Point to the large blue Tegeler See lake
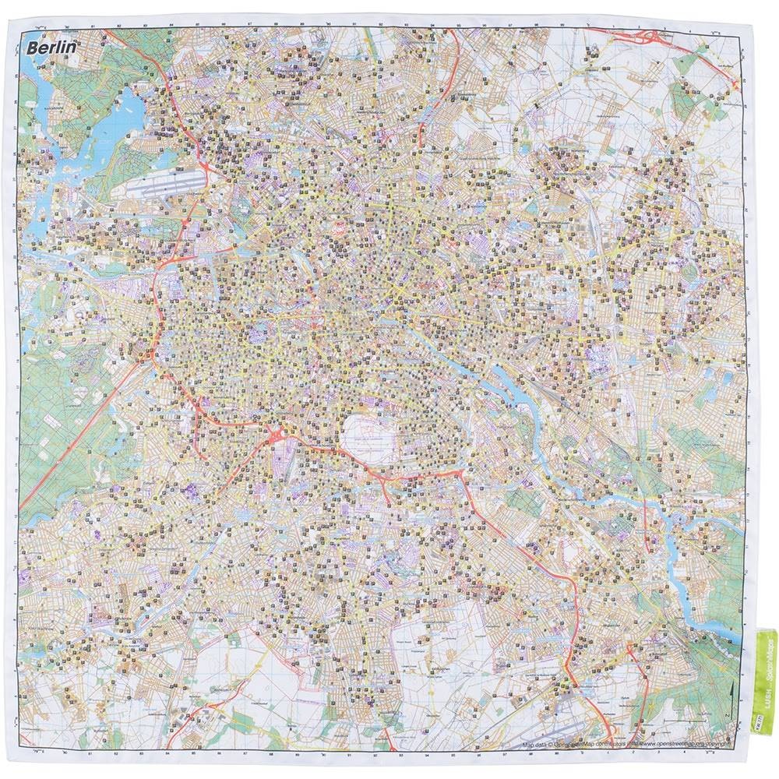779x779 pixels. pyautogui.click(x=125, y=117)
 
